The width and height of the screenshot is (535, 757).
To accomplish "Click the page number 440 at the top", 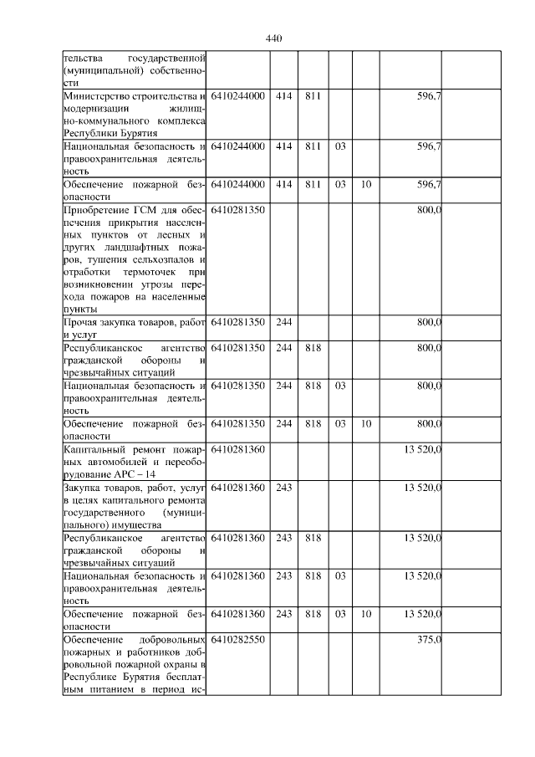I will tap(274, 38).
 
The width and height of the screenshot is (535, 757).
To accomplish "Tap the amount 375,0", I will tap(429, 639).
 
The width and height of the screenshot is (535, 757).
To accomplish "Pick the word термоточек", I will tap(146, 272).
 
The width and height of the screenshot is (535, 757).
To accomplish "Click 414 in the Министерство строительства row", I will tap(283, 96).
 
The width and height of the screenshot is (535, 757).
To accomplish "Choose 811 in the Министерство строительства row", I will tap(313, 96).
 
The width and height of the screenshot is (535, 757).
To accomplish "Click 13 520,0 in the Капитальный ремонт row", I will tap(422, 449).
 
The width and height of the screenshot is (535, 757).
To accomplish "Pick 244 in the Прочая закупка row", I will tap(283, 322).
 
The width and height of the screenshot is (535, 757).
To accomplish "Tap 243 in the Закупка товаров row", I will tap(283, 487).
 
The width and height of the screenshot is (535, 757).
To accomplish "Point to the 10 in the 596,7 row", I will tap(365, 184).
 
